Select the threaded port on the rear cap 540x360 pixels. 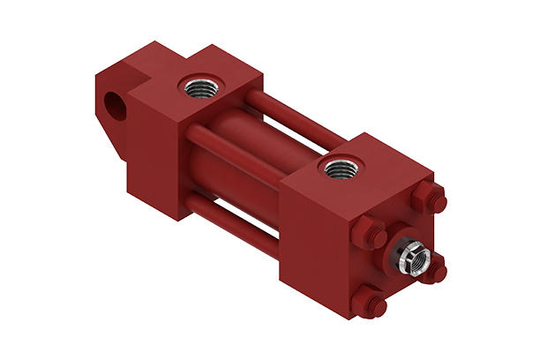coord(196,87)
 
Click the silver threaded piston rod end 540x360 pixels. coord(412,259)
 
